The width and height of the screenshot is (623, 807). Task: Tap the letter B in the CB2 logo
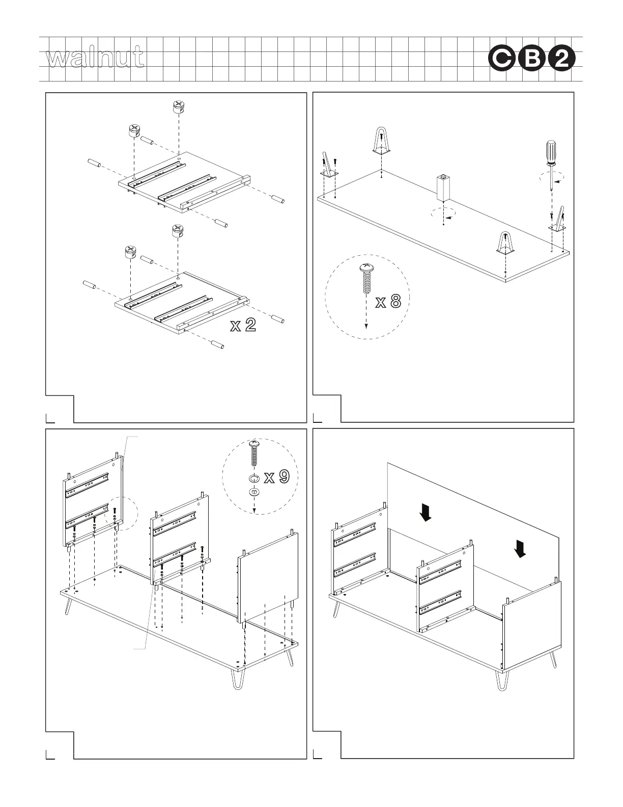(532, 60)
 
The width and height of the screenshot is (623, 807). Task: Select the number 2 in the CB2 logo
(563, 60)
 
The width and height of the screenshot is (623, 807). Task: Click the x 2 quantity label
(242, 326)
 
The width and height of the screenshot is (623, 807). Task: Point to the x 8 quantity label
(388, 303)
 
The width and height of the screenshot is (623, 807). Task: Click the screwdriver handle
(551, 151)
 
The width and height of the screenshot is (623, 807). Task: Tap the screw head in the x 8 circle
(366, 267)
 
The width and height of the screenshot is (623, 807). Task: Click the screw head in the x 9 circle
(254, 445)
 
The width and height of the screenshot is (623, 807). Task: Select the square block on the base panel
(444, 188)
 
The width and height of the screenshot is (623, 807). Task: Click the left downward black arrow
(426, 512)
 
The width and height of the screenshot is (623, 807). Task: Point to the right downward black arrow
(520, 548)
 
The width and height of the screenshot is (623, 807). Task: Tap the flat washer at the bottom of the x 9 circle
(254, 492)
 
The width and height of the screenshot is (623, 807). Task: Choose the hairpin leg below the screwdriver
(559, 219)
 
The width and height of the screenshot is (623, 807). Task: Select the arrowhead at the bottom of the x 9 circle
(254, 510)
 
